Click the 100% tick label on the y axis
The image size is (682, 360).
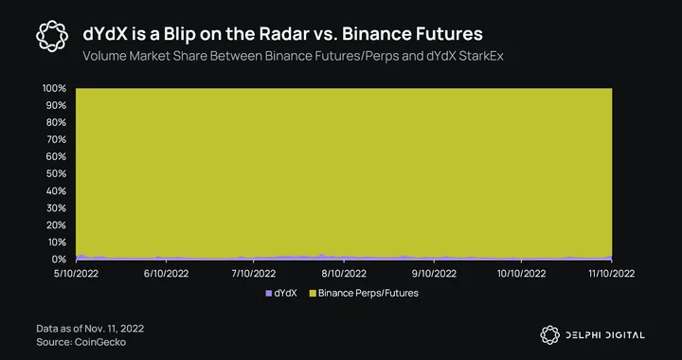tap(54, 89)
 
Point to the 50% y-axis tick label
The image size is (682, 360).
tap(56, 174)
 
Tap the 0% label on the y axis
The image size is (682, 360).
tap(59, 260)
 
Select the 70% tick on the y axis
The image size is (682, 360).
tap(56, 139)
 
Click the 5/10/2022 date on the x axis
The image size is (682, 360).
tap(77, 274)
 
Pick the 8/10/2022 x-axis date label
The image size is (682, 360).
tap(345, 274)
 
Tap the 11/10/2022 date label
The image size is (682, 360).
tap(612, 274)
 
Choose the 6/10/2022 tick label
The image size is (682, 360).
tap(166, 274)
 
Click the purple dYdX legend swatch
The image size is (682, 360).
tap(268, 294)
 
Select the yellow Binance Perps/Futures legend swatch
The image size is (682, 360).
tap(313, 294)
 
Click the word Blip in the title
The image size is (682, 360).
tap(181, 34)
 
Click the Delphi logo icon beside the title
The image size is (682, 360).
tap(52, 36)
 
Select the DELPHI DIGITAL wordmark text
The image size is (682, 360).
tap(605, 335)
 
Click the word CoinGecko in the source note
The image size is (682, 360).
tap(100, 342)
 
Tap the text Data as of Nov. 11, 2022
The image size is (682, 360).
tap(90, 328)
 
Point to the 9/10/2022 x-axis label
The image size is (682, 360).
tap(435, 274)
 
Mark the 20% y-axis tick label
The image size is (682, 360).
tap(56, 225)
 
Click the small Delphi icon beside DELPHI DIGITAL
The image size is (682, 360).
tap(549, 335)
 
